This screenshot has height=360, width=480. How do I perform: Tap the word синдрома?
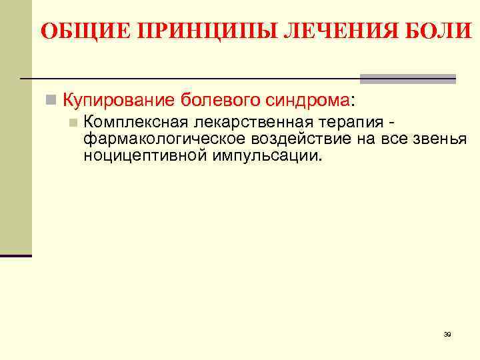click(x=303, y=101)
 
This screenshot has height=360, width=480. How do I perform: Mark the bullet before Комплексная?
click(x=73, y=123)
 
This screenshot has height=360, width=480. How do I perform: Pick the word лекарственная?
click(x=248, y=123)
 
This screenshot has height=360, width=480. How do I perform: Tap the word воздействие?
click(x=304, y=139)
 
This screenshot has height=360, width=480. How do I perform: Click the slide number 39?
click(x=447, y=334)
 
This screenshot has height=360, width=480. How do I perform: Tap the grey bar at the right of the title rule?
click(x=408, y=79)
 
